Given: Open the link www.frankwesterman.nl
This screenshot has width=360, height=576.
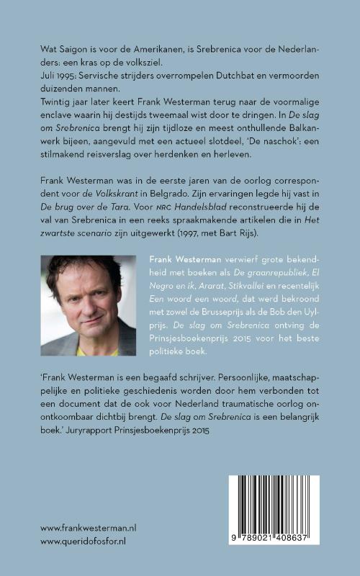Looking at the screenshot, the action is pos(88,528).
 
